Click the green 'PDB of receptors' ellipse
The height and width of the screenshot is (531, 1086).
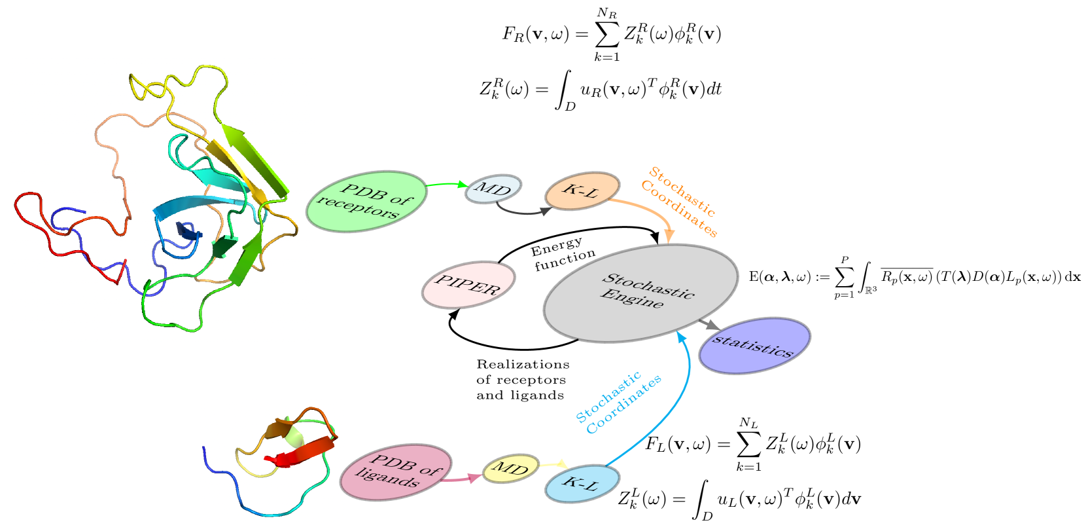pos(367,202)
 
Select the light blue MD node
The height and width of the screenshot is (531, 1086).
pos(493,189)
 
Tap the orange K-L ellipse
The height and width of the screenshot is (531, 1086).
pos(582,191)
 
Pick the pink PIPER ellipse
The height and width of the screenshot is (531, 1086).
pos(468,285)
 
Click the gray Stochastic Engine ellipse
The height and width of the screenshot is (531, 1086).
pos(640,293)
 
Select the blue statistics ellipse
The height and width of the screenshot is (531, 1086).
pos(754,346)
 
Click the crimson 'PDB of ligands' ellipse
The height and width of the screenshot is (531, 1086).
pos(396,472)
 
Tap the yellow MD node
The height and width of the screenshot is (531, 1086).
pos(510,468)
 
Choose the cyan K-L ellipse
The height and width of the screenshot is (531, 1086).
pos(582,484)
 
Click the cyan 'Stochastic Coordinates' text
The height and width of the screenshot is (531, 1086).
pos(618,402)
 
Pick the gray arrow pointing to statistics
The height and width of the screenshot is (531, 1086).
pos(709,324)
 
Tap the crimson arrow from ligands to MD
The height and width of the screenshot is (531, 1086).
pos(462,479)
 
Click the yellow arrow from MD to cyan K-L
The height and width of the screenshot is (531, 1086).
pos(553,464)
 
